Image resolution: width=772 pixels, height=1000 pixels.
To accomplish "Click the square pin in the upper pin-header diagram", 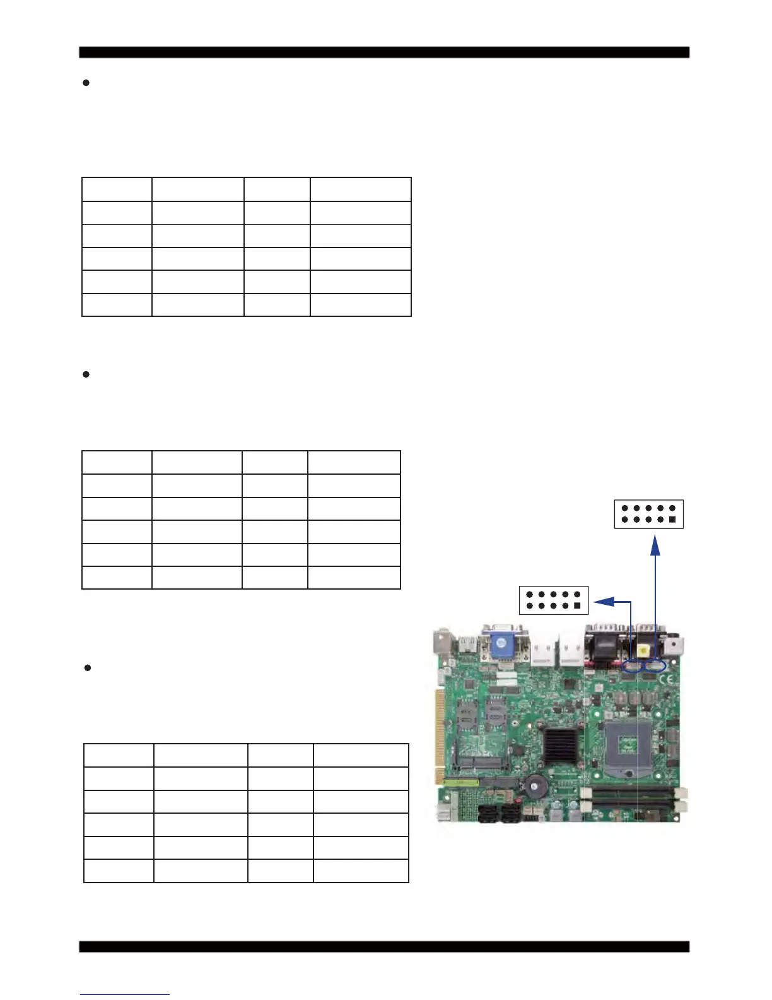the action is (672, 520).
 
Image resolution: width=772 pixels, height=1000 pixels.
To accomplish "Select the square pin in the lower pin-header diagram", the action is (577, 606).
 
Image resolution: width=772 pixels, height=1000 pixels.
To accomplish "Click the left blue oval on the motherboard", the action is (631, 666).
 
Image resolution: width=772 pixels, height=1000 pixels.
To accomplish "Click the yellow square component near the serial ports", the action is (643, 650).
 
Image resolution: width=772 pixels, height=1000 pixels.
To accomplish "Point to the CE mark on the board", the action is (669, 681).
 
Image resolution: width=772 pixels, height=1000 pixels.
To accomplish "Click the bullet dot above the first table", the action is (86, 83).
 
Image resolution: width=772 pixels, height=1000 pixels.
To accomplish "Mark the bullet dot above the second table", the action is (86, 374).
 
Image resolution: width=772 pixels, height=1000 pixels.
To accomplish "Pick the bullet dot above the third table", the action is (87, 668).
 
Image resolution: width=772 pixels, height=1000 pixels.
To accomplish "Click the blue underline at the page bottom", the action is (125, 995).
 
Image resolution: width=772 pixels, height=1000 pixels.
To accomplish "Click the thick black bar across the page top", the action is (384, 52).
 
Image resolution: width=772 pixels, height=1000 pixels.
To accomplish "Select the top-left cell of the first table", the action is (117, 189).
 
